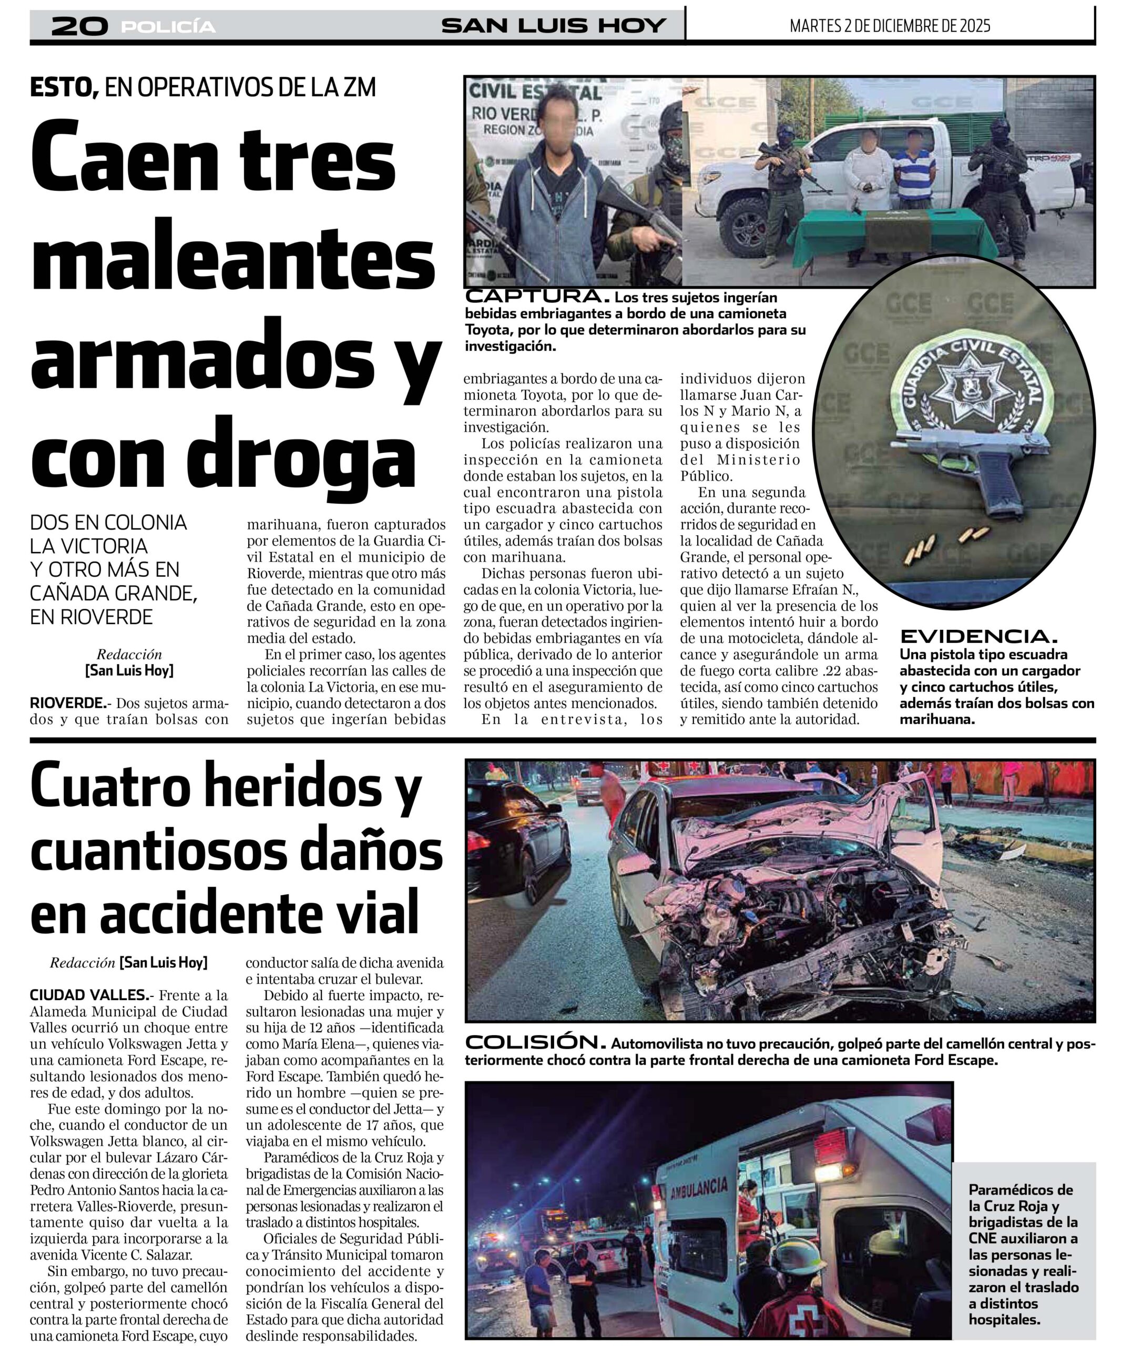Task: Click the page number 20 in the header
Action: coord(79,26)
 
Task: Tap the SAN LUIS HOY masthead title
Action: coord(554,26)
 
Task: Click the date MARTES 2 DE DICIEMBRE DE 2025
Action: coord(890,26)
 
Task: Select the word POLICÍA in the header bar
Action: coord(168,27)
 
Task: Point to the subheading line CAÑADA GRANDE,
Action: coord(114,593)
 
